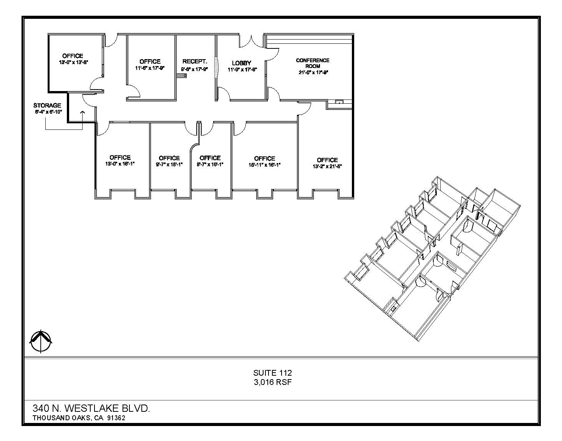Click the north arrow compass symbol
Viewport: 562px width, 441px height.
41,342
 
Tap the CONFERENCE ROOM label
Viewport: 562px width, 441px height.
312,63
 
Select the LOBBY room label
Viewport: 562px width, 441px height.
242,63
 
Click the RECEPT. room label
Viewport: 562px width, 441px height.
195,61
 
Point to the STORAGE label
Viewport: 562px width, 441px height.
47,105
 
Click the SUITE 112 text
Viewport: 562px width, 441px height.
272,373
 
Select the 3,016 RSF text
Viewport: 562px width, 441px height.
272,382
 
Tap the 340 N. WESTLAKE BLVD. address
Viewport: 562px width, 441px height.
91,408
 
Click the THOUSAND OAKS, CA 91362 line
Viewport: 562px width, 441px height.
79,418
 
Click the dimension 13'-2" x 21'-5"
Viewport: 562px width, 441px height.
327,166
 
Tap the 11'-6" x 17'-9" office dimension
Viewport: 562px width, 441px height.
150,68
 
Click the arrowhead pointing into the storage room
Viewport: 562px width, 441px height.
82,112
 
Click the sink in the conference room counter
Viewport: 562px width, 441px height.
339,102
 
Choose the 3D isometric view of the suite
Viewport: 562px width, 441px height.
434,257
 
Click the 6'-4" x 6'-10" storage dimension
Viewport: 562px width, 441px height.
48,112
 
